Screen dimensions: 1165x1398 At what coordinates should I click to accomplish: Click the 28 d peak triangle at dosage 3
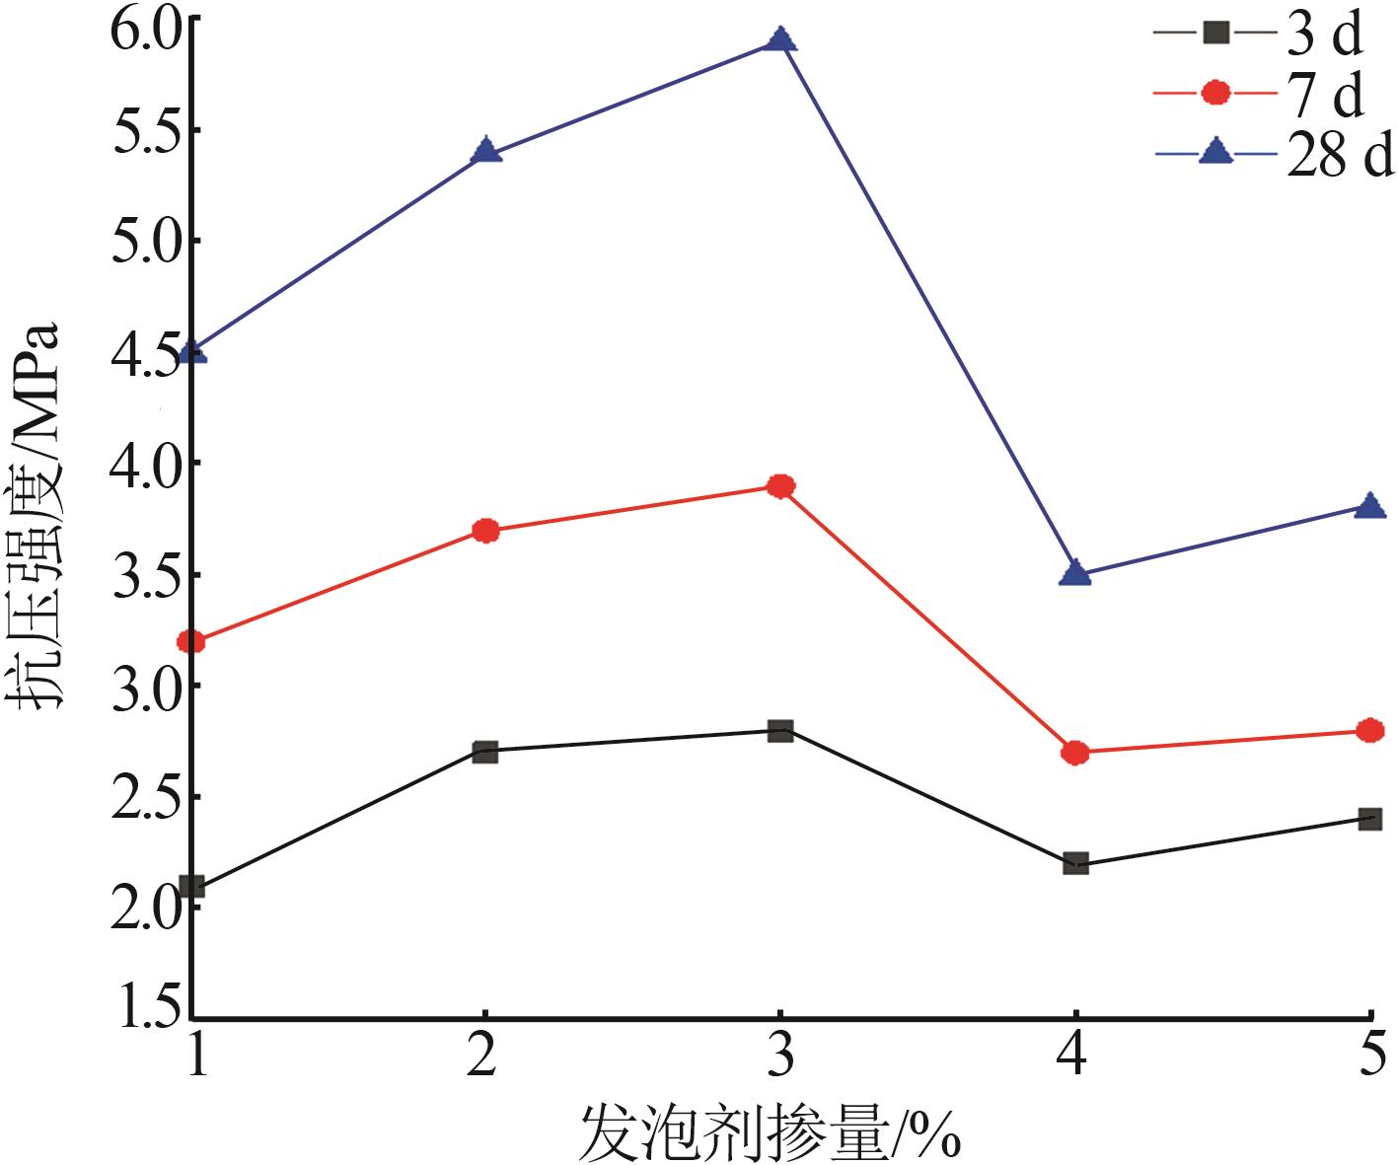(780, 40)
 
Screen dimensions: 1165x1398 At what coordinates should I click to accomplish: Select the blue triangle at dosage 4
(1074, 573)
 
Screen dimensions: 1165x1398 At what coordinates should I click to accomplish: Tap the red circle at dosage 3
(780, 486)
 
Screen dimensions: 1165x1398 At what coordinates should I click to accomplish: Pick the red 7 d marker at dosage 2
(485, 531)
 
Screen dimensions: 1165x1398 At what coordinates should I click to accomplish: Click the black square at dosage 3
(780, 731)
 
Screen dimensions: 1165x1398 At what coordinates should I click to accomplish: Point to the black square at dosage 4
(1075, 864)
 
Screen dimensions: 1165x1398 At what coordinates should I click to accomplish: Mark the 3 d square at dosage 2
(484, 752)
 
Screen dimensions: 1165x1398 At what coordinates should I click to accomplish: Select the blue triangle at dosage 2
(485, 152)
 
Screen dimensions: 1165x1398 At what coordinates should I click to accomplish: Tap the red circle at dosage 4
(1075, 754)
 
